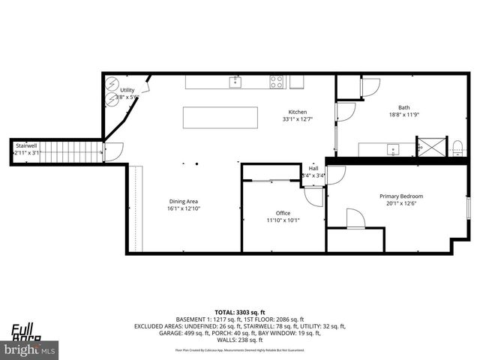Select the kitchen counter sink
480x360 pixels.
click(235, 81)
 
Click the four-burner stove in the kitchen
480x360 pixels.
click(277, 82)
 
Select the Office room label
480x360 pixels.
click(283, 212)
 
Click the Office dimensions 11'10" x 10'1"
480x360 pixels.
click(283, 220)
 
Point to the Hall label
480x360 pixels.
click(313, 169)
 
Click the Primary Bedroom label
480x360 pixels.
click(400, 196)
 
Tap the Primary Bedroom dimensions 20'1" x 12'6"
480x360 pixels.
click(400, 203)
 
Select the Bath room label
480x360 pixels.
click(404, 107)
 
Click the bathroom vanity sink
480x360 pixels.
click(392, 149)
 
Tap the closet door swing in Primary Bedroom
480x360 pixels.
click(355, 218)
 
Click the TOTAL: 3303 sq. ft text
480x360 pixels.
click(240, 311)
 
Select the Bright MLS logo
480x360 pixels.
click(30, 349)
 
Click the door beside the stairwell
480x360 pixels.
click(110, 154)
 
